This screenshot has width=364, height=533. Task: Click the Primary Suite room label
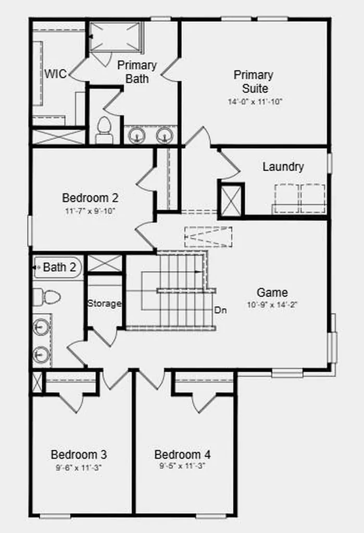tap(254, 82)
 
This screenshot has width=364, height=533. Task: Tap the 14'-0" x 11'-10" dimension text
tap(255, 101)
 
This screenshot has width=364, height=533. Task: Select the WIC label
tap(55, 74)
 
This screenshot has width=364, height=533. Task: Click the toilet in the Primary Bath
tap(104, 130)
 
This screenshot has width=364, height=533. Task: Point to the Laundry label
tap(283, 167)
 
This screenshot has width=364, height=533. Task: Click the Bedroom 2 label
tap(90, 197)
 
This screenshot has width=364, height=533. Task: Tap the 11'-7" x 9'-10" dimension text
tap(90, 211)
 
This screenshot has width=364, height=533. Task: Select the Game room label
tap(272, 293)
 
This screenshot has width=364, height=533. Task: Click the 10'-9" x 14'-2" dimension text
tap(272, 304)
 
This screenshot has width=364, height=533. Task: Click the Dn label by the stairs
tap(220, 310)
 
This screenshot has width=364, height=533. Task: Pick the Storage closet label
tap(104, 303)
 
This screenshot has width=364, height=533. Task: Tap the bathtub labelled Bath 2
tap(58, 268)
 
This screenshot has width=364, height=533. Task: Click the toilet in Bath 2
tap(47, 297)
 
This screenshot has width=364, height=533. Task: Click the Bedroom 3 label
tap(79, 454)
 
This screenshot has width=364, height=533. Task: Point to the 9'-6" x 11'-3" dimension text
tap(79, 468)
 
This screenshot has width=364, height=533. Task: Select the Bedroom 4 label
tap(182, 454)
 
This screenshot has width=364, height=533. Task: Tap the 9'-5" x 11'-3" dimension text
tap(182, 466)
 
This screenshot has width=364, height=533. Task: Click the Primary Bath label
tap(137, 72)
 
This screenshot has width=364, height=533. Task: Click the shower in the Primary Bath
tap(115, 36)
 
